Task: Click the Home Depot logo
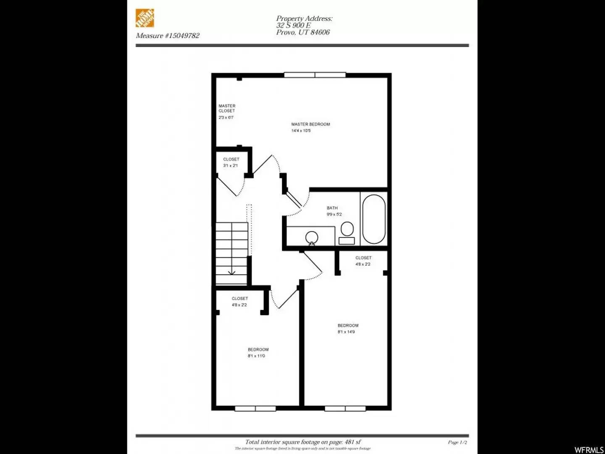145,18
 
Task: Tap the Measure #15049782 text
168,36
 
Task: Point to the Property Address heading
304,18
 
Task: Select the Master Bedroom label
310,124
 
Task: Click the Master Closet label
227,108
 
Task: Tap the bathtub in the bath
374,219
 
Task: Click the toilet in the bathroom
347,233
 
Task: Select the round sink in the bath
312,238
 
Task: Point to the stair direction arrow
231,271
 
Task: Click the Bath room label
332,208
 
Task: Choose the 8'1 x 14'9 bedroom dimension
346,332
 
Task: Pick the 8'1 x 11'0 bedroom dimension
256,356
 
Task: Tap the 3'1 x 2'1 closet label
231,163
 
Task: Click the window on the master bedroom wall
315,75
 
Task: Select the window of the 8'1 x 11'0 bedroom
255,409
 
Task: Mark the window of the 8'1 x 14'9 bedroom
345,409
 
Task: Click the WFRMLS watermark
589,450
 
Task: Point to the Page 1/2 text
458,442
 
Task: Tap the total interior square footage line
303,442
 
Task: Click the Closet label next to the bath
363,258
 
